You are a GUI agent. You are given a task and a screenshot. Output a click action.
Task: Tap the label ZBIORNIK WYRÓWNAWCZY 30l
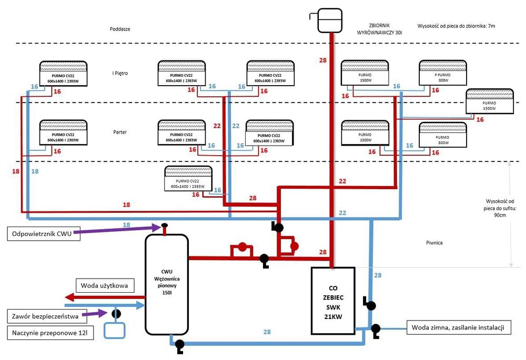[379, 29]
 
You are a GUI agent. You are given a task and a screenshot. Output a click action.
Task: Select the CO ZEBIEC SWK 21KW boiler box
[333, 301]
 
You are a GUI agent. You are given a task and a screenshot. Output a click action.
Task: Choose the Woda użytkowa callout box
[105, 285]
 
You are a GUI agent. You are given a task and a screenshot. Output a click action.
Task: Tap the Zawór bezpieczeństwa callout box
[44, 316]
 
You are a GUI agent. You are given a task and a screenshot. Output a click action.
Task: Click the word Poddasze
[120, 29]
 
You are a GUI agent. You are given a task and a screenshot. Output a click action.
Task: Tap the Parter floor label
[120, 132]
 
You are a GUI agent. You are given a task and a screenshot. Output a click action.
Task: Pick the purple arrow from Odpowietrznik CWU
[121, 230]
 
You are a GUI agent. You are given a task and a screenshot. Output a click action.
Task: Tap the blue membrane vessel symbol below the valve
[115, 330]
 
